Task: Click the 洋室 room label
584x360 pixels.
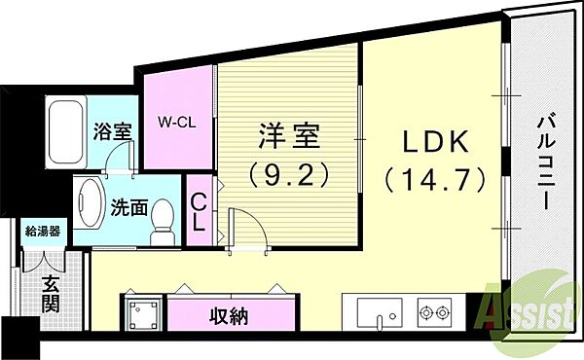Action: [x=289, y=136]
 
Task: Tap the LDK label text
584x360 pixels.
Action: [x=436, y=142]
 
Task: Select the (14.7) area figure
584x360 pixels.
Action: [x=436, y=179]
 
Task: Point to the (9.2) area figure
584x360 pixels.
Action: [x=289, y=174]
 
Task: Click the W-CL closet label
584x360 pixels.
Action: [x=176, y=123]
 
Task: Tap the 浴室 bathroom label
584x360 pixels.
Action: [x=112, y=131]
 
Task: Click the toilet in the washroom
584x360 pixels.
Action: [x=163, y=222]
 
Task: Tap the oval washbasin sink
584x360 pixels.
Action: [x=90, y=203]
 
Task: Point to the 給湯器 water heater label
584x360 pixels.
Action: [x=43, y=232]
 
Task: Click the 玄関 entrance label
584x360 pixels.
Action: [x=51, y=295]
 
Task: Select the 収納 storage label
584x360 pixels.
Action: [x=229, y=317]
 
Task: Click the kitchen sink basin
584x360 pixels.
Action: [x=380, y=312]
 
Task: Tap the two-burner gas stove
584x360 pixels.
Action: [x=434, y=312]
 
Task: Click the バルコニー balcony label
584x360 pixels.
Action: [x=546, y=163]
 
